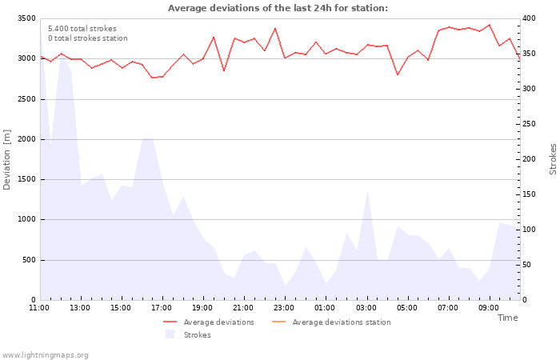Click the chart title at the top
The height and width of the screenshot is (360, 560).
click(x=278, y=8)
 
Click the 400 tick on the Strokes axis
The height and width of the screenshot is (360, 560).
click(x=530, y=18)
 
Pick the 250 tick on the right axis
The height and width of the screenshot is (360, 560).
click(x=530, y=124)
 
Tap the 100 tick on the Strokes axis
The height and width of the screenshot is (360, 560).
click(x=530, y=230)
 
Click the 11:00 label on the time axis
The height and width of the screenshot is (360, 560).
click(x=39, y=307)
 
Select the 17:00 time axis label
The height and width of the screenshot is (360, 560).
click(x=162, y=307)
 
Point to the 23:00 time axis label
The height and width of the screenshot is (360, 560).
click(x=285, y=307)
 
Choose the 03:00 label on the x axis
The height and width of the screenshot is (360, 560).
click(x=366, y=307)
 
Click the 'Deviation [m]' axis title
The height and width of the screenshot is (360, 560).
click(x=8, y=159)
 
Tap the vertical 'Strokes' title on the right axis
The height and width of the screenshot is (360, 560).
click(x=553, y=159)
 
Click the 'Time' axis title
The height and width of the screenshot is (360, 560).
click(x=507, y=318)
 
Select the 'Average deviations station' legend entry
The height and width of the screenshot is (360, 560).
click(x=341, y=322)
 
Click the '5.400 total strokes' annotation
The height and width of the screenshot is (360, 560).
click(x=82, y=29)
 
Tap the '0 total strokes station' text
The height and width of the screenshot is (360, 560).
click(x=87, y=38)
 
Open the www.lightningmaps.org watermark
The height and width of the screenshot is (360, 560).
click(x=45, y=355)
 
